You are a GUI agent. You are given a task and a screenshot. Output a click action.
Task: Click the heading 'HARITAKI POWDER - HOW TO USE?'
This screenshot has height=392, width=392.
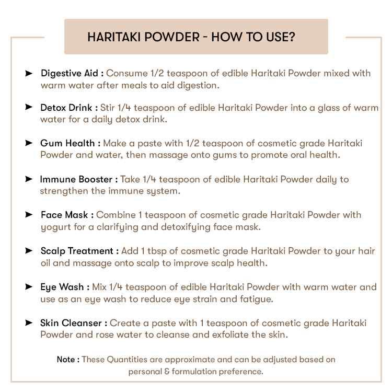tap(191, 37)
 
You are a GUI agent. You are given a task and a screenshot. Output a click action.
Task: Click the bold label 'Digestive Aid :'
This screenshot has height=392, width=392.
tap(72, 73)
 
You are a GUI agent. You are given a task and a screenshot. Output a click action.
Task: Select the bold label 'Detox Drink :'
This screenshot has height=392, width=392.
tap(69, 108)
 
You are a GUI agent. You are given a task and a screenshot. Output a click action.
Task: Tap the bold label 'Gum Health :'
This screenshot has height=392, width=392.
tap(71, 143)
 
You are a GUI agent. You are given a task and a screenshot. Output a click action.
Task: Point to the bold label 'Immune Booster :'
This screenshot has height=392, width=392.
tap(78, 179)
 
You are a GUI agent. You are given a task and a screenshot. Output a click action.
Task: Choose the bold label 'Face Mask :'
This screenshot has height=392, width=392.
tap(67, 215)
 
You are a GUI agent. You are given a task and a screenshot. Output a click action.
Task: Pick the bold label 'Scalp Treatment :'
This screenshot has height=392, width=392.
tap(79, 251)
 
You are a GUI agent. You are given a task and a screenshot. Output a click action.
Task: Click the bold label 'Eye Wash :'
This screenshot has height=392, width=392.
tap(65, 287)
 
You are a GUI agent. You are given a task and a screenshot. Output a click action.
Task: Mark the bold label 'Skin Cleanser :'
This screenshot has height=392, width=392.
tap(74, 323)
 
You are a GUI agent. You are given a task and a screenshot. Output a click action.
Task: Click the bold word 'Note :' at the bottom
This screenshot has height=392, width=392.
tap(68, 360)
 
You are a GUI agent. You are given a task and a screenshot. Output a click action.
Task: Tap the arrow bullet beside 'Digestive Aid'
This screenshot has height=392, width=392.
tap(29, 73)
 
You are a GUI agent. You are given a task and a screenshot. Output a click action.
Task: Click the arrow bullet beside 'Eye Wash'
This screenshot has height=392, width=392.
tap(29, 287)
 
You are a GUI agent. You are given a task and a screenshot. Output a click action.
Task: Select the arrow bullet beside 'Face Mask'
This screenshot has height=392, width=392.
tap(29, 215)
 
